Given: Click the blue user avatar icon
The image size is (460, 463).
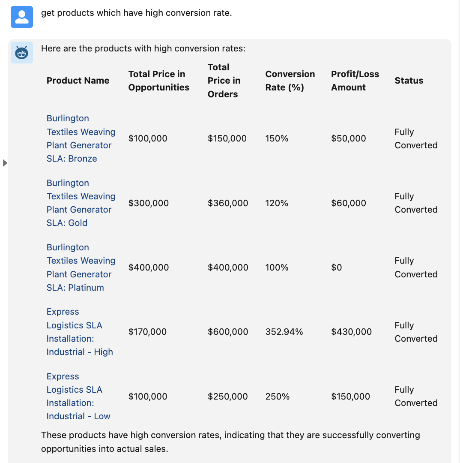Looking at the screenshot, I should point(22,17).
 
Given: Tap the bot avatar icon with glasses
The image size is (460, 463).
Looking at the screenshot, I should point(22,53).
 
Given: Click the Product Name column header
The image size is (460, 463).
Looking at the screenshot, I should point(78,81).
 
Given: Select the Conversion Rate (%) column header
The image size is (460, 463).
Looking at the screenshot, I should point(290,81).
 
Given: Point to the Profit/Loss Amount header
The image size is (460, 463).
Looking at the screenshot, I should point(355,81).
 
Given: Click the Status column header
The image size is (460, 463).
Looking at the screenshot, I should point(409,81).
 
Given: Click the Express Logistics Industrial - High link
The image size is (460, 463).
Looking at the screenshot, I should point(79,332).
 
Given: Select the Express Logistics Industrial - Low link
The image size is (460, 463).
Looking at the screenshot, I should point(78,397).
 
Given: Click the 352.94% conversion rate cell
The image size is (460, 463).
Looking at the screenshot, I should point(284,332).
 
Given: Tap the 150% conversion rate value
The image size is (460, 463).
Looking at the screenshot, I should point(277,138).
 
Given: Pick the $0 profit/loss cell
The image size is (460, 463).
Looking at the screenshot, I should point(337,268).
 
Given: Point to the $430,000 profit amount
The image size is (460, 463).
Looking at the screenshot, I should point(351,332).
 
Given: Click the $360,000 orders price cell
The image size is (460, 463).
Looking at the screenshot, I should point(228,203).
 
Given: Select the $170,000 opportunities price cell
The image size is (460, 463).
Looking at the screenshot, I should point(147,332).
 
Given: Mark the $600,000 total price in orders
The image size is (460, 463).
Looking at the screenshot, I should point(228,332).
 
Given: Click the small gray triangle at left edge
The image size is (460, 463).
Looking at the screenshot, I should point(5,163).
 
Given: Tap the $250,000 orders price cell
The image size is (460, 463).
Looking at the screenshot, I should point(227,397).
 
